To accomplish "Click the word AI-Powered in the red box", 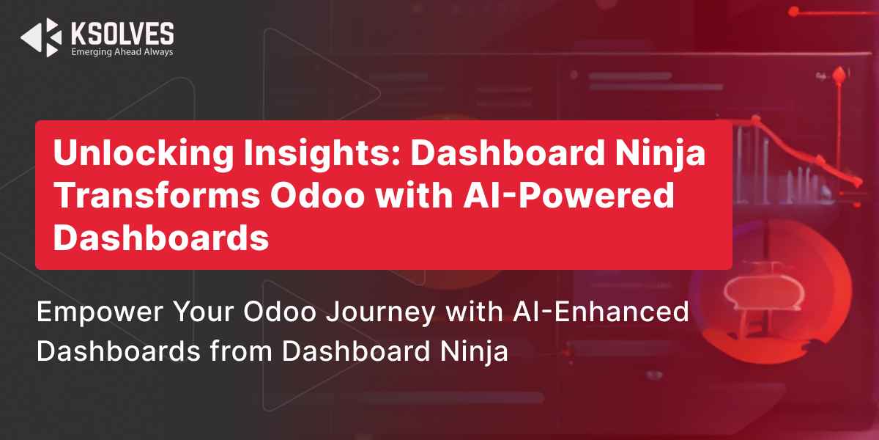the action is tap(568, 195).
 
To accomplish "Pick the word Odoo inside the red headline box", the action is tap(317, 195).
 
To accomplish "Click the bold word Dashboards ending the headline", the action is tap(161, 238).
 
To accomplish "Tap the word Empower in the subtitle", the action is tap(100, 312).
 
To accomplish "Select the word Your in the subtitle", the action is tap(204, 312).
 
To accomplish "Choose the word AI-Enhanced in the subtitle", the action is tap(601, 312).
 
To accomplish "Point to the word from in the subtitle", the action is tap(241, 351).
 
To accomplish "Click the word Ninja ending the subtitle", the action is tap(474, 351).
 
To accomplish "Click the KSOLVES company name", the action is tap(122, 34).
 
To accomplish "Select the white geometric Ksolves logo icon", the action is tap(41, 37).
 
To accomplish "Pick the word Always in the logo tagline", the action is tap(158, 52).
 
